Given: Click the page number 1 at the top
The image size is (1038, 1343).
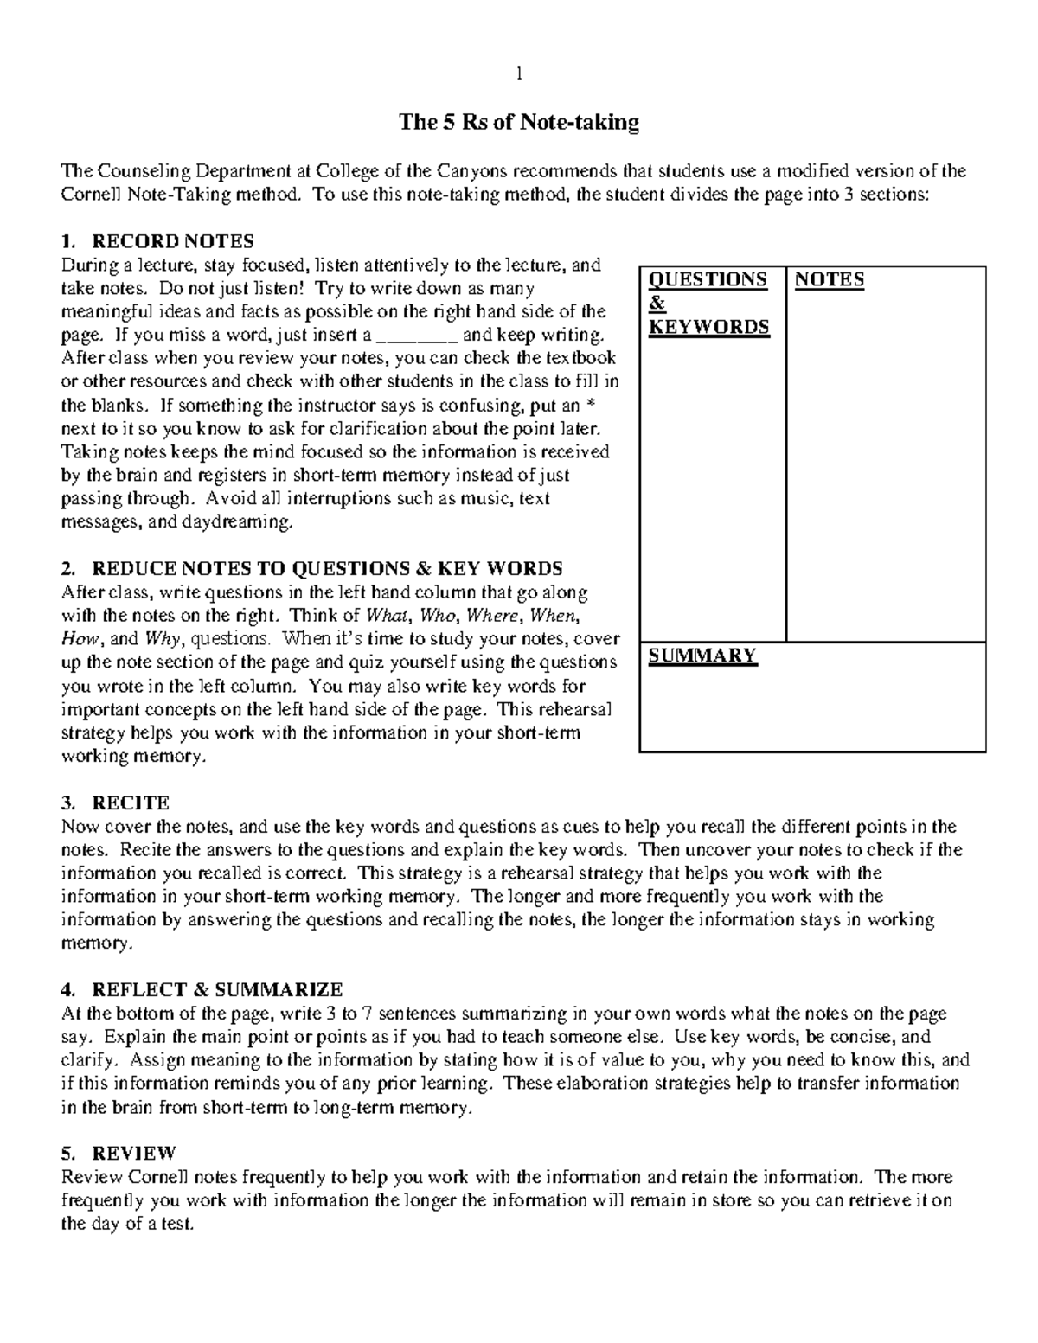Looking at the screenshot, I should (x=519, y=74).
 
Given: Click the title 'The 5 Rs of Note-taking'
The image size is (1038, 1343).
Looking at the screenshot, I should (x=519, y=122).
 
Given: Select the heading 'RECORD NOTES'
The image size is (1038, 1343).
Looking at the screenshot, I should (x=173, y=240).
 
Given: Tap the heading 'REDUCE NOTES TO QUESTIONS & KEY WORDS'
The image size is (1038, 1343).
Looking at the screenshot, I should (x=327, y=568).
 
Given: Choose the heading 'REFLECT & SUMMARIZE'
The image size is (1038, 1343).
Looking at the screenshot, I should (x=217, y=989).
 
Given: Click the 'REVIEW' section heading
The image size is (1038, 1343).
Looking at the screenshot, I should (x=134, y=1153).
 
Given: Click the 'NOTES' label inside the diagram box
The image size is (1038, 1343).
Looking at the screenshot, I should (x=830, y=279).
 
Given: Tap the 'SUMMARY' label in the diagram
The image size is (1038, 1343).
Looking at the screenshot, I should (x=702, y=655).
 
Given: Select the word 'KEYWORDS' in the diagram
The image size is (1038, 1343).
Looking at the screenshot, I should (x=708, y=326).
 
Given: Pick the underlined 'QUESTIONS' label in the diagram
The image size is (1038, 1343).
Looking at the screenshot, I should (x=708, y=279).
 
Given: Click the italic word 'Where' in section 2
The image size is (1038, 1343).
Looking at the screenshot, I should (x=496, y=616).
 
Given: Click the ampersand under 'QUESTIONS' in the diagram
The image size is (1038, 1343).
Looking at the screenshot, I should (x=656, y=303).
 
